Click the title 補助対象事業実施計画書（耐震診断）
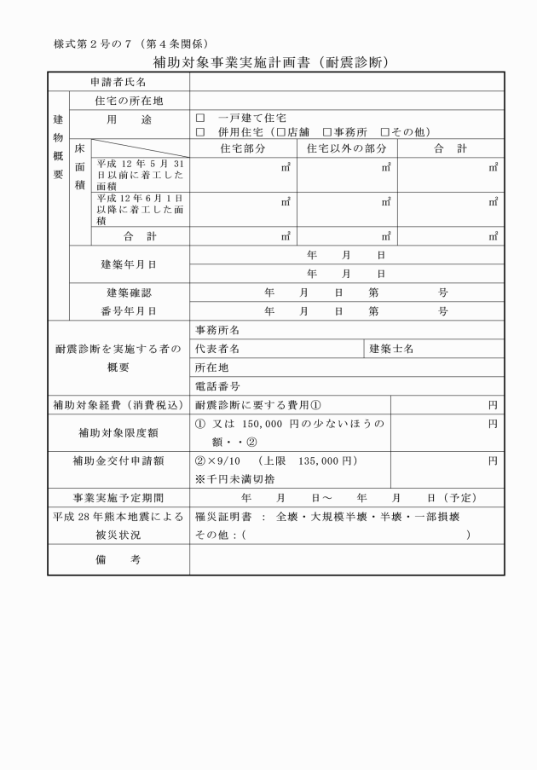271,62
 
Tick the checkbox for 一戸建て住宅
200,119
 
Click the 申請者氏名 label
118,82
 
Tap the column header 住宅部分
243,148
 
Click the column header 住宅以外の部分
346,148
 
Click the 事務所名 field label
217,329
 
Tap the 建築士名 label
392,348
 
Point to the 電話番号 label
217,385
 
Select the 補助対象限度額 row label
118,432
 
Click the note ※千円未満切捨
235,478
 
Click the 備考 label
118,559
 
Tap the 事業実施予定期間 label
118,497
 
